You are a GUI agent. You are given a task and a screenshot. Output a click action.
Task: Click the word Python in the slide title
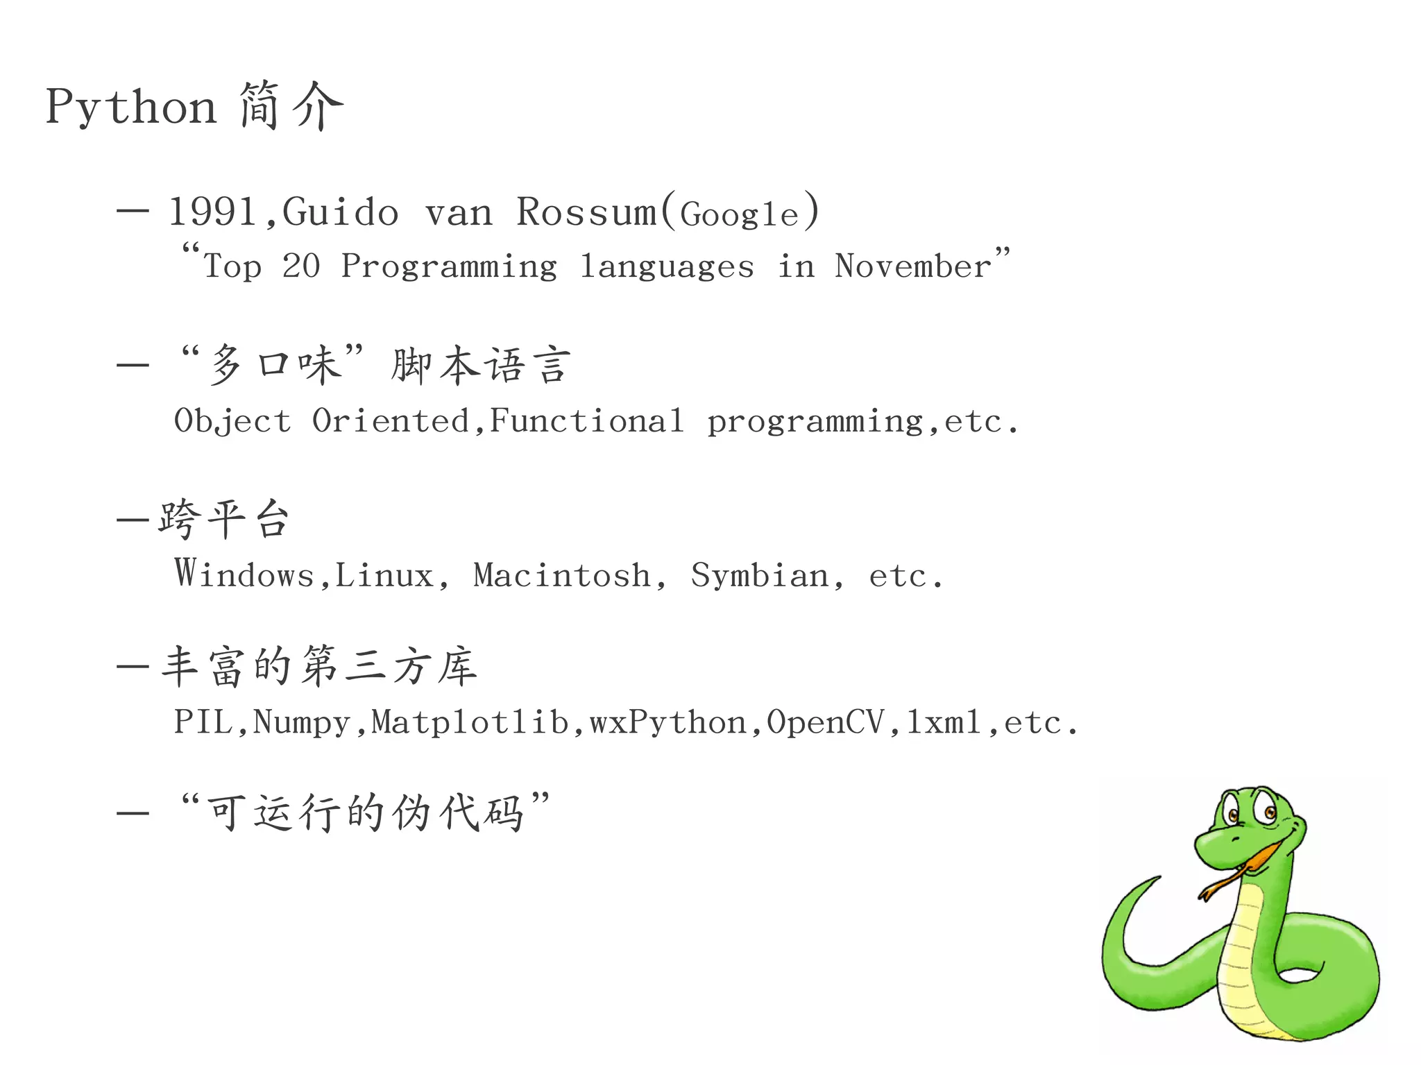[x=130, y=108]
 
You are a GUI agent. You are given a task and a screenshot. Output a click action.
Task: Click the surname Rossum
[x=586, y=212]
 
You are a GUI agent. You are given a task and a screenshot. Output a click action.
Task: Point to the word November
[x=913, y=266]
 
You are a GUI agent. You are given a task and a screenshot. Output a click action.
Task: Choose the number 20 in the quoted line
[x=300, y=266]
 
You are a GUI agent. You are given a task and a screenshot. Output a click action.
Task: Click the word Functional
[x=587, y=420]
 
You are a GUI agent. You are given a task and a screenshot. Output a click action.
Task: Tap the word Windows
[x=244, y=574]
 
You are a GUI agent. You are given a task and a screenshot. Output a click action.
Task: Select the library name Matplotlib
[x=470, y=722]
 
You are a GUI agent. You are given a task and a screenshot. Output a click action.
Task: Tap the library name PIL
[x=203, y=722]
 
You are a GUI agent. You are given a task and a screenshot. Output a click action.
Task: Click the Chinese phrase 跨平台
[x=223, y=519]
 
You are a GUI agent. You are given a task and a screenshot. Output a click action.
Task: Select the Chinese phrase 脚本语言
[x=481, y=366]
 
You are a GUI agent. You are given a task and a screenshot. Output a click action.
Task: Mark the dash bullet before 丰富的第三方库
[x=133, y=667]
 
